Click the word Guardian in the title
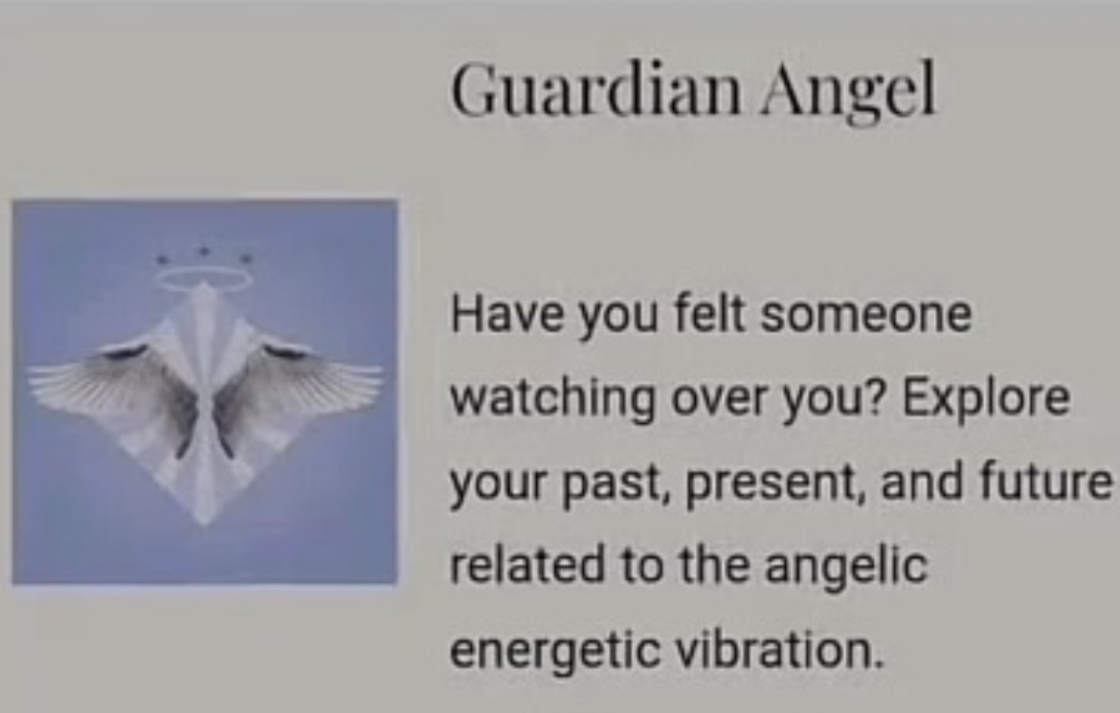click(595, 89)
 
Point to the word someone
click(865, 314)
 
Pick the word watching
click(552, 400)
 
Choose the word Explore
click(986, 400)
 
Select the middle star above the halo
click(204, 251)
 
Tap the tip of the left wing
click(30, 385)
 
